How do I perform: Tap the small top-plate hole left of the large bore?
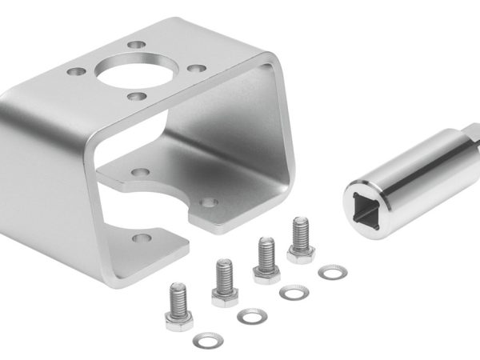[x=77, y=71]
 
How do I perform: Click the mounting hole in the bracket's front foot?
[x=142, y=238]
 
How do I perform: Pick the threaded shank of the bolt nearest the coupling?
[x=301, y=233]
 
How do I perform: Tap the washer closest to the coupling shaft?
[x=332, y=273]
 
